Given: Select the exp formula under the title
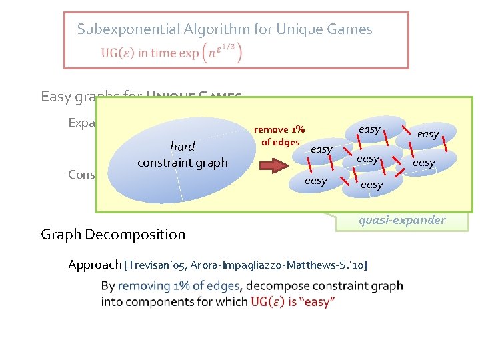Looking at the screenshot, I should [x=219, y=51].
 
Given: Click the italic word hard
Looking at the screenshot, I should [x=182, y=147].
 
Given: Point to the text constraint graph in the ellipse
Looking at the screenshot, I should [x=182, y=162].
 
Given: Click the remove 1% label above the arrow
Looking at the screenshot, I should [x=280, y=129].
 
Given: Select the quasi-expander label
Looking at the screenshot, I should [x=402, y=220].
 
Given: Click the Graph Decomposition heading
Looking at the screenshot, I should [x=113, y=234].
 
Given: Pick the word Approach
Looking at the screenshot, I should [x=95, y=265].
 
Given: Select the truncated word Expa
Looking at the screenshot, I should [x=82, y=123].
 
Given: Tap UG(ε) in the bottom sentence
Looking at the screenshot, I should [x=269, y=301].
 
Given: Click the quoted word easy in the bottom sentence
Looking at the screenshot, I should [x=318, y=301].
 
